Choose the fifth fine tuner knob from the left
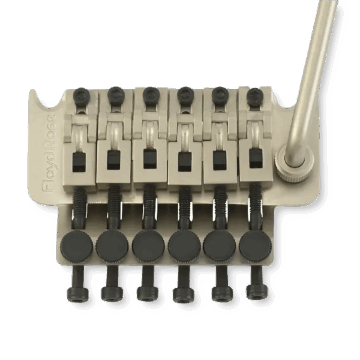[x=218, y=244]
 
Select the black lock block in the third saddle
[x=147, y=160]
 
